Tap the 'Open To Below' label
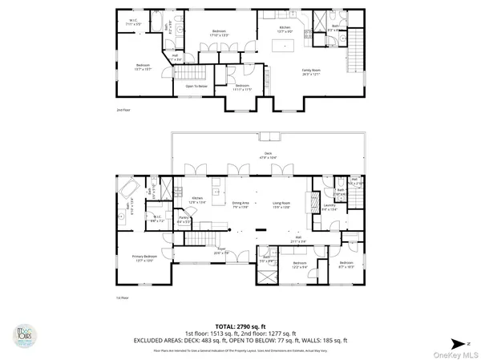point(196,86)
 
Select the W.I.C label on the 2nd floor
point(135,22)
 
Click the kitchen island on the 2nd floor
point(282,48)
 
